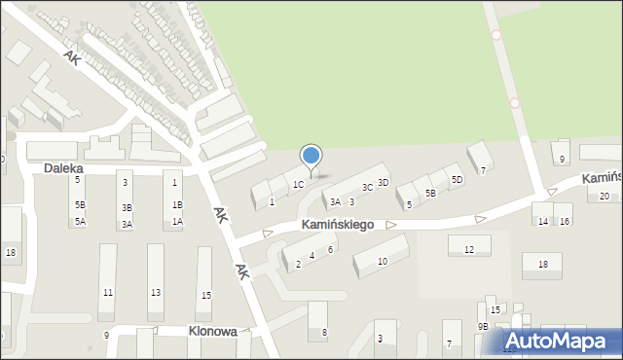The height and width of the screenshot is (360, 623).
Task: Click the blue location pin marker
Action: click(x=311, y=157)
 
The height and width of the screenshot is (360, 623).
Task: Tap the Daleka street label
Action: click(x=63, y=168)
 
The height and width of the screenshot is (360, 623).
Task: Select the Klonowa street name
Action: click(x=212, y=331)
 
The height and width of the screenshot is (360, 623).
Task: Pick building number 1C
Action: click(x=299, y=184)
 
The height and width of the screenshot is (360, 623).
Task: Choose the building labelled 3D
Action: click(x=384, y=182)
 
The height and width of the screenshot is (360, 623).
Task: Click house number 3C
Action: click(x=367, y=187)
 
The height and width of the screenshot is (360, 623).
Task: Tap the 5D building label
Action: click(x=457, y=180)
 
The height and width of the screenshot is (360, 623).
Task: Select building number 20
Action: click(x=605, y=197)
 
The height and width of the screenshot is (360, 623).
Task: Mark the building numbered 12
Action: click(x=469, y=250)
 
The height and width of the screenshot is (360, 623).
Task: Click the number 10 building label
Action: click(x=383, y=261)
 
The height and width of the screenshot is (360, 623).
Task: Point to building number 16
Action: click(x=565, y=221)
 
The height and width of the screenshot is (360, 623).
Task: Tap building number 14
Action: click(x=543, y=221)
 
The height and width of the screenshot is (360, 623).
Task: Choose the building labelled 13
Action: click(x=156, y=292)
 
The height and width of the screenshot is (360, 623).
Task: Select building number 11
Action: click(x=107, y=292)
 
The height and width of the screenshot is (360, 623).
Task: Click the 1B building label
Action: click(x=177, y=205)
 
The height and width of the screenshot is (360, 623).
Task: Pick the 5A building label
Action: click(x=80, y=222)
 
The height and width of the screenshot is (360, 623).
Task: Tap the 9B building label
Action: click(x=482, y=327)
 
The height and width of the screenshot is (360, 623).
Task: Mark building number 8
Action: click(x=325, y=333)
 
